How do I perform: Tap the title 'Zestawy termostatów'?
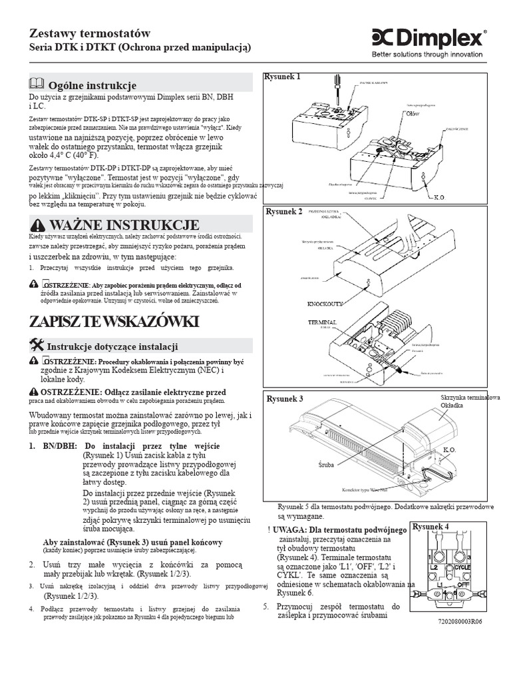pyautogui.click(x=90, y=33)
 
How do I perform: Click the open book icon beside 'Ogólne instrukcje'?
pyautogui.click(x=35, y=84)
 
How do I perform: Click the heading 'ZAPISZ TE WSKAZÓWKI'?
pyautogui.click(x=114, y=322)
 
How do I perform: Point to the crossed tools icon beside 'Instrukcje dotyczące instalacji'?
pyautogui.click(x=37, y=344)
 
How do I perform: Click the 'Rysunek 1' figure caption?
pyautogui.click(x=283, y=77)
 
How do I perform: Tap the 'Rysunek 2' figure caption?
pyautogui.click(x=284, y=212)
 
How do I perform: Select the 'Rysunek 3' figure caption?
pyautogui.click(x=285, y=398)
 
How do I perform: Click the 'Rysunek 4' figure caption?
pyautogui.click(x=431, y=527)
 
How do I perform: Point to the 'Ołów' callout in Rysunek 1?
pyautogui.click(x=413, y=114)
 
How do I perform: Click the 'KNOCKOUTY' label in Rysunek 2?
pyautogui.click(x=325, y=304)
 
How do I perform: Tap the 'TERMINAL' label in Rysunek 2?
pyautogui.click(x=322, y=321)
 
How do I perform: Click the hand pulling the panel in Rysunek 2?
pyautogui.click(x=395, y=231)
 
